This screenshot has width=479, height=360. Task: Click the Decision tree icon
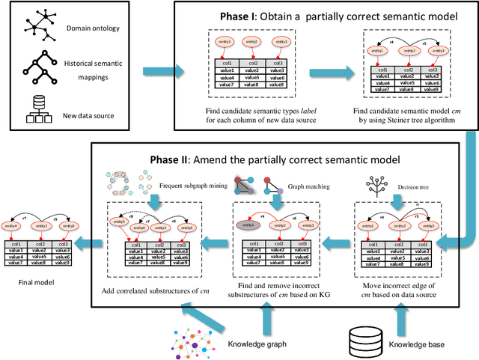point(378,182)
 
